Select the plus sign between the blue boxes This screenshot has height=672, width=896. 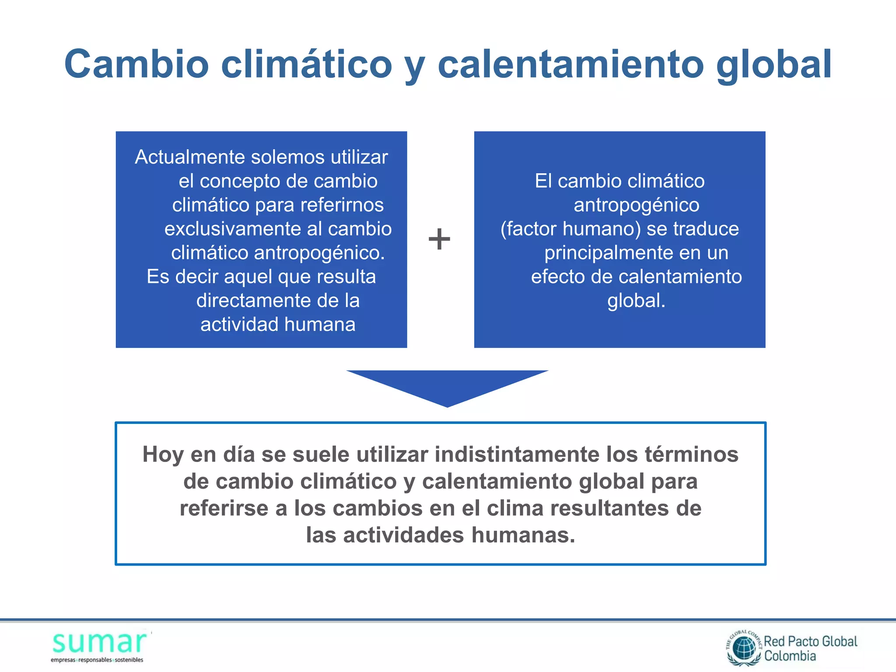pos(439,239)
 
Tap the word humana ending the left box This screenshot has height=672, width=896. pos(320,325)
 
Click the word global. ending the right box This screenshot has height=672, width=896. pos(636,301)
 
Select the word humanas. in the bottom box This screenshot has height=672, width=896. pos(523,535)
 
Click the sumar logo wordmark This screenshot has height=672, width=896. pos(100,643)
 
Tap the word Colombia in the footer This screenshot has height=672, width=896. pos(790,656)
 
